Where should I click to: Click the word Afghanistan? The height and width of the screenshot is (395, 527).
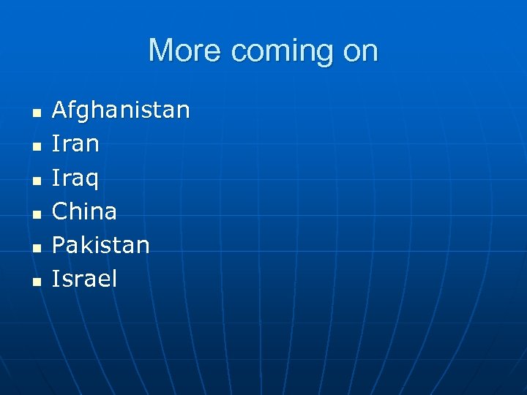(121, 111)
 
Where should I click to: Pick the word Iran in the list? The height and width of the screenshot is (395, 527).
(75, 144)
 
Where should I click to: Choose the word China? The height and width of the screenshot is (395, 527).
(84, 211)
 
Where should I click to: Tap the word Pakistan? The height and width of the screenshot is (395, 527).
(100, 245)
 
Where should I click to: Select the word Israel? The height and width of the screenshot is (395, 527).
(84, 279)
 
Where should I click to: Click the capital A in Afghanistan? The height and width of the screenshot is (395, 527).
(59, 111)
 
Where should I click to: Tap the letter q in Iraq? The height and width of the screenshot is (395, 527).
(93, 181)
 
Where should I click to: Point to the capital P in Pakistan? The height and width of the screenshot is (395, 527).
(59, 245)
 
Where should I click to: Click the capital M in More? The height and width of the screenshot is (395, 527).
(161, 51)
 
